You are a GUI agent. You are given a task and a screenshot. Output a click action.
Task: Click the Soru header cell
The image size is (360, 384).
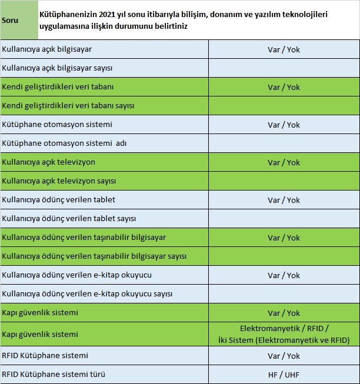tap(10, 20)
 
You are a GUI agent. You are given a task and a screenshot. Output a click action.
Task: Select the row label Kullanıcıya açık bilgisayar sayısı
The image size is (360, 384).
tap(58, 68)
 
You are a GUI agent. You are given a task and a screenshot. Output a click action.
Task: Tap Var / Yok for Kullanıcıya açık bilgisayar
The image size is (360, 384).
tap(284, 49)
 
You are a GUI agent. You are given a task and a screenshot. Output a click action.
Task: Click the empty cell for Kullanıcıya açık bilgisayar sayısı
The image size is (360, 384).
tap(284, 68)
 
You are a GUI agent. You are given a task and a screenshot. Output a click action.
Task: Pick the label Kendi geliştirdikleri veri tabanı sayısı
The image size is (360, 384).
tap(68, 106)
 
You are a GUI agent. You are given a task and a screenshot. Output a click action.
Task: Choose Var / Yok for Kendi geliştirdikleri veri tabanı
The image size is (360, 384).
tap(284, 87)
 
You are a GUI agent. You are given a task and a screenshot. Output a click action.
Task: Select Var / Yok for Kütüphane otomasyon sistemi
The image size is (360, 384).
tap(284, 125)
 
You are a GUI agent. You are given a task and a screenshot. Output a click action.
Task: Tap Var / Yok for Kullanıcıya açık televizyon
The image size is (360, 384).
tap(284, 162)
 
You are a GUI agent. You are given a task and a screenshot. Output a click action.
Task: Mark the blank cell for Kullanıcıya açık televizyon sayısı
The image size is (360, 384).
tap(284, 181)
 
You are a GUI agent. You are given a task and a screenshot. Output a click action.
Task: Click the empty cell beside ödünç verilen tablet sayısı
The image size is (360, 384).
tap(284, 219)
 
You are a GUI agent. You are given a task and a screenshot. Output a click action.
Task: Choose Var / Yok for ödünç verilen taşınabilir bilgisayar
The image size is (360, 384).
tap(284, 238)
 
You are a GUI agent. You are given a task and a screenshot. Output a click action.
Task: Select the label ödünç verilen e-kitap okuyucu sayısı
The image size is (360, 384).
tap(87, 294)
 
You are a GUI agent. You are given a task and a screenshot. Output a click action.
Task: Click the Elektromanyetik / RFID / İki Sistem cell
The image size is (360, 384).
tap(284, 334)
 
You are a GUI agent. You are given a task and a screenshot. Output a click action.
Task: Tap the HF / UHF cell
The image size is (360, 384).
tap(284, 375)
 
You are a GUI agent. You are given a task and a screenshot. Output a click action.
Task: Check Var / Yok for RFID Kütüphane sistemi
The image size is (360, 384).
tap(284, 356)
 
